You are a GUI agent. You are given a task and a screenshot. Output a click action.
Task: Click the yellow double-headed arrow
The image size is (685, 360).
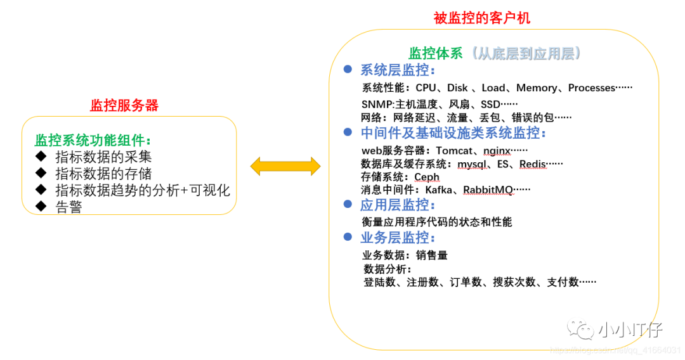coord(285,167)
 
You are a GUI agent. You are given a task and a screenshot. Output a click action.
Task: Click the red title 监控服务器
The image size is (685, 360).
coord(124,105)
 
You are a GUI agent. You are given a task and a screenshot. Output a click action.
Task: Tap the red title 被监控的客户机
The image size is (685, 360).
coord(482,18)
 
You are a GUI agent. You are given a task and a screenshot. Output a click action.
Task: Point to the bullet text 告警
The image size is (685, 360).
coord(69,207)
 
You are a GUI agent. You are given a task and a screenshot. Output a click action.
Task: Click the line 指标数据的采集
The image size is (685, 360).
coord(103,157)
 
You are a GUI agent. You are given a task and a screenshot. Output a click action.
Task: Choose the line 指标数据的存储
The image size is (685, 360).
coord(103,173)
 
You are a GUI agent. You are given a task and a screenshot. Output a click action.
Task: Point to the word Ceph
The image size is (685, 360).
coord(427,177)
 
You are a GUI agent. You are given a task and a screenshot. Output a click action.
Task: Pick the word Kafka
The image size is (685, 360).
coord(438,190)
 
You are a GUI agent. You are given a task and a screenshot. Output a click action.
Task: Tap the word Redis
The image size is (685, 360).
coord(533,164)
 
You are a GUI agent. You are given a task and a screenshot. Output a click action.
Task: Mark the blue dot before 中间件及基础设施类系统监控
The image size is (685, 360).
coord(347,132)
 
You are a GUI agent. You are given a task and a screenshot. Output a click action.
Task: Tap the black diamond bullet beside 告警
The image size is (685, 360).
coord(42,205)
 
